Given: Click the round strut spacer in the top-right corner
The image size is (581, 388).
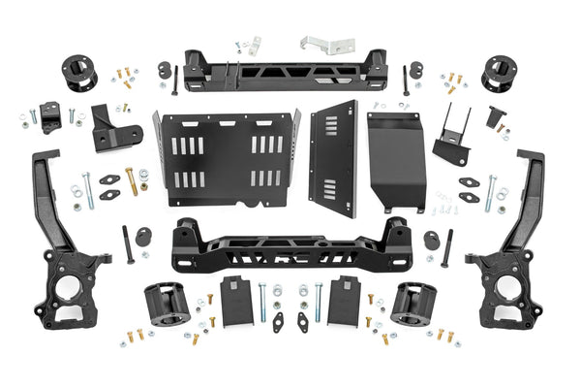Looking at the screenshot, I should pos(499,73).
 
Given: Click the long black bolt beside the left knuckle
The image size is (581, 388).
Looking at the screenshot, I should pos(129,245).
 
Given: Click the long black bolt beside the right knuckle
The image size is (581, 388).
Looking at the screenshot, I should pos(446,248).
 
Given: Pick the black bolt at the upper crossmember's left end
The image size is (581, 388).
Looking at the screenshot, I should pos(174,79).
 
